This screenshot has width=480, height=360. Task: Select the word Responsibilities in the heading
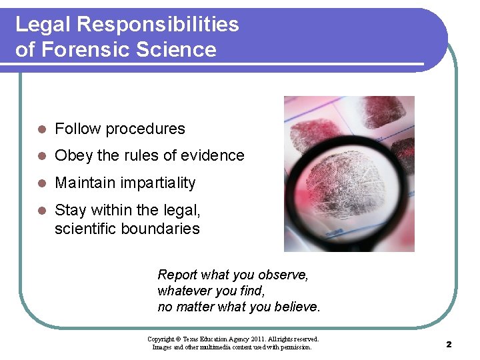click(158, 25)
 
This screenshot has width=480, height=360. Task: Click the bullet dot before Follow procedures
click(41, 129)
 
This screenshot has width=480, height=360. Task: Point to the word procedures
click(145, 129)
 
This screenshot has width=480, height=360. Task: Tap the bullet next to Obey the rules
click(41, 156)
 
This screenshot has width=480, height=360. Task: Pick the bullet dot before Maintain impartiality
click(41, 183)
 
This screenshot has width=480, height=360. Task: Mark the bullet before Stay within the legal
click(41, 211)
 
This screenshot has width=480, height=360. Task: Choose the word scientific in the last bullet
click(87, 229)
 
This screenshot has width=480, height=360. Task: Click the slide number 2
click(449, 344)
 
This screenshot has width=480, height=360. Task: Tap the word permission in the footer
click(294, 347)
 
